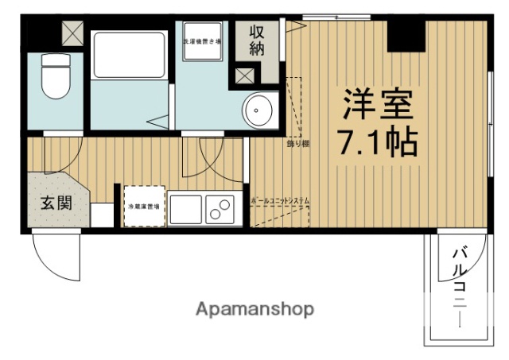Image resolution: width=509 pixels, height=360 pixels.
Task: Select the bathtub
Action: (126, 55)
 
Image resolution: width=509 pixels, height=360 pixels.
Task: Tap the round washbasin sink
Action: (258, 111)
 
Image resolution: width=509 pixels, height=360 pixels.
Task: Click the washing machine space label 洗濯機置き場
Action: (202, 41)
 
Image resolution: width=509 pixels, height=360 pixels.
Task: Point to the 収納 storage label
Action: (258, 41)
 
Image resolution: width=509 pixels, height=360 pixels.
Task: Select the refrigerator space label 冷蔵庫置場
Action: (144, 207)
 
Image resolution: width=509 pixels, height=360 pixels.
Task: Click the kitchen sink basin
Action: (184, 210)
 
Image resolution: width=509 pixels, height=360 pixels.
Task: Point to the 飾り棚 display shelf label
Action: (298, 144)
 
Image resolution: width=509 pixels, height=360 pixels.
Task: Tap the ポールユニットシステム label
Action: (279, 200)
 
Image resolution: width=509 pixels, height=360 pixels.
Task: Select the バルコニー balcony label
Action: (459, 286)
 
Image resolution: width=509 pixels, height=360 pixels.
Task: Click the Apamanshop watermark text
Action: (254, 308)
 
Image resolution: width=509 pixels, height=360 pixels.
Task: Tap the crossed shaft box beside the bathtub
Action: (72, 33)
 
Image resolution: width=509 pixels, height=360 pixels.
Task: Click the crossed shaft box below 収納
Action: (242, 77)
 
